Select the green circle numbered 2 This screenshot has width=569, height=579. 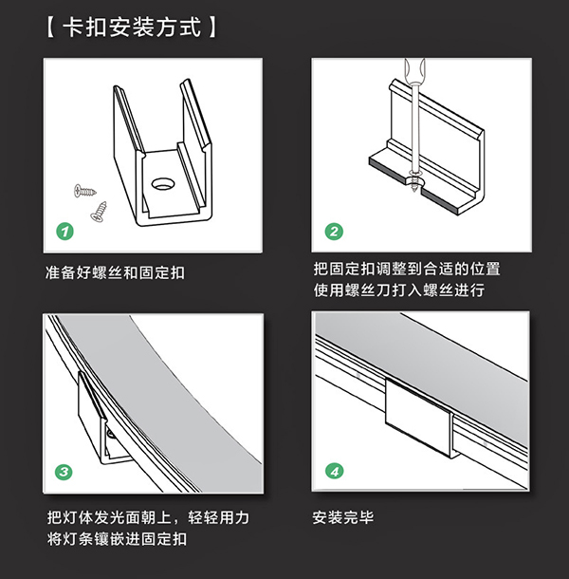coord(334,231)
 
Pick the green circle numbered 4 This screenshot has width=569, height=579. coord(334,471)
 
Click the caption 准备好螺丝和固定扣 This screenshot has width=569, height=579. coord(115,272)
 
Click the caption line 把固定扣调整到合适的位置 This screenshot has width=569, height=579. coord(406,269)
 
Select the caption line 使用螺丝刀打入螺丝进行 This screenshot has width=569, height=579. coord(398,290)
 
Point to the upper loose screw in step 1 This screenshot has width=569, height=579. coord(83,193)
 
